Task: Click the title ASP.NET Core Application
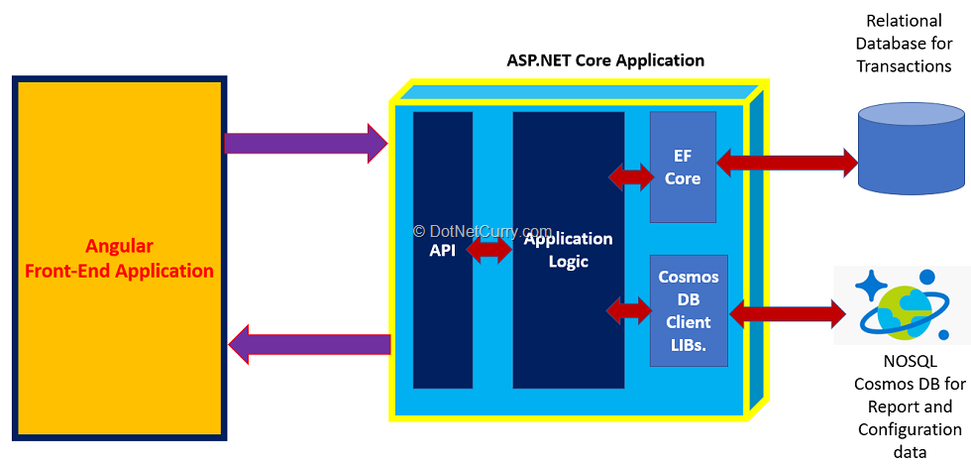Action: coord(605,60)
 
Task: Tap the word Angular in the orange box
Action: coord(119,247)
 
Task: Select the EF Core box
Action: coord(683,167)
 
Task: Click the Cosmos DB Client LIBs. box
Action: coord(689,309)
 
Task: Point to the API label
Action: coord(443,251)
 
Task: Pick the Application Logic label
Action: coord(569,250)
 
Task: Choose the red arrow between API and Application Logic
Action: coord(487,252)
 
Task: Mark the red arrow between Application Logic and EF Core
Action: coord(630,176)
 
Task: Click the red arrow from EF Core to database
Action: coord(787,161)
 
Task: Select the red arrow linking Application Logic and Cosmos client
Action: coord(629,310)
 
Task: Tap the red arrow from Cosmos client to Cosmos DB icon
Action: coord(788,314)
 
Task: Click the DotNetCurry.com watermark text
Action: coord(483,230)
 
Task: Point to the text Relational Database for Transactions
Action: coord(904,44)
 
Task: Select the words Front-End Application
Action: coord(119,271)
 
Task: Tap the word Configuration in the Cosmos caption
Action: coord(910,429)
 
